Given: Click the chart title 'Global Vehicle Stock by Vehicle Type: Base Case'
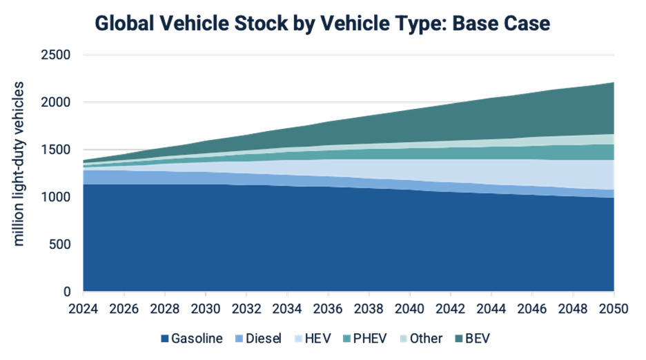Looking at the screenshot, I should pyautogui.click(x=322, y=24).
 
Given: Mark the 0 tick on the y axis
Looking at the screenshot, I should pyautogui.click(x=70, y=292).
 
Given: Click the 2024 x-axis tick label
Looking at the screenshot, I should pyautogui.click(x=84, y=308).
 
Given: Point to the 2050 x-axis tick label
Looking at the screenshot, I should pyautogui.click(x=614, y=308).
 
